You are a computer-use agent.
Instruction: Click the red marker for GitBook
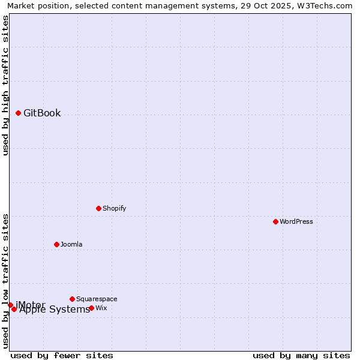18,113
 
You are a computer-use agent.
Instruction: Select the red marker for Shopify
98,208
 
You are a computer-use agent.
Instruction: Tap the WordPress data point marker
275,221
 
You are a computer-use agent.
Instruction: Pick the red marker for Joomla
56,244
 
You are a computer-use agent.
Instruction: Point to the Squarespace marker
72,299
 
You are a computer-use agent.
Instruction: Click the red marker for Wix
91,308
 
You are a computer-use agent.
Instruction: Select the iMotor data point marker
10,305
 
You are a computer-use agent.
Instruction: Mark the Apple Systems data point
14,309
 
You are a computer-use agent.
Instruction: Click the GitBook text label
42,113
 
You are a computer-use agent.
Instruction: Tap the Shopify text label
114,208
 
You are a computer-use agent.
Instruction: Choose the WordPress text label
296,221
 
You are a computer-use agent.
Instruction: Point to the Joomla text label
71,244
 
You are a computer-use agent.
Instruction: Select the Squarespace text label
97,299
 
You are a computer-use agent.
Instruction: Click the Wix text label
101,308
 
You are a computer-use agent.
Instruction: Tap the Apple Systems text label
55,310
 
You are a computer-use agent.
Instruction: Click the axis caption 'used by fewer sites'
62,355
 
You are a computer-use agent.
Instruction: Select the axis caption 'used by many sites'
301,355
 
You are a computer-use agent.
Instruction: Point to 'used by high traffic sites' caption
5,85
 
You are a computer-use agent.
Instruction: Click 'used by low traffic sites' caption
5,280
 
